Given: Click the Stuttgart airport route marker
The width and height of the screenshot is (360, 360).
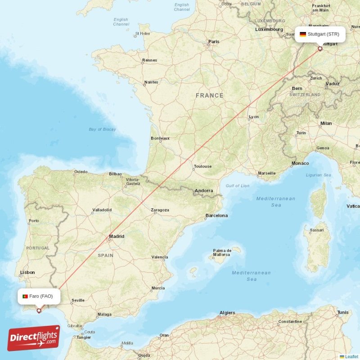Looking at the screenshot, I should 320,49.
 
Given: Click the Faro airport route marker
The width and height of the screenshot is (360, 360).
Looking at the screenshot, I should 39,310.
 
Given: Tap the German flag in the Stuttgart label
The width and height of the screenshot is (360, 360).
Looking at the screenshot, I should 303,34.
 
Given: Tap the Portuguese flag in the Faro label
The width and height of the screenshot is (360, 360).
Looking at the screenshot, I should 25,296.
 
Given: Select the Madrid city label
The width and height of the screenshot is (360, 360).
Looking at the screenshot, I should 117,237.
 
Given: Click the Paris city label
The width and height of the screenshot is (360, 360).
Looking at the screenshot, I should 214,42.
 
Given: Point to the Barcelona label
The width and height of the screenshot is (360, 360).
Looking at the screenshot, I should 216,216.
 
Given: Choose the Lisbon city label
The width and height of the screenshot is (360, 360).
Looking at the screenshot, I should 27,272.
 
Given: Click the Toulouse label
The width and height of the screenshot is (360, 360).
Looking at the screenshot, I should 202,166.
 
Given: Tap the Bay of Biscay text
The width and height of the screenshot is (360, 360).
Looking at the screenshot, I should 102,129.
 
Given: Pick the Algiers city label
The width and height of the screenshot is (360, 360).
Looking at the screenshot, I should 227,313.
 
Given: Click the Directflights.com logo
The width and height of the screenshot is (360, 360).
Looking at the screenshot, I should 34,338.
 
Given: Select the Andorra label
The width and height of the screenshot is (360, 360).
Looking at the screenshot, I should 204,191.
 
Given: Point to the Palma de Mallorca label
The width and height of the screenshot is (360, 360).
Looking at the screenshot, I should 222,253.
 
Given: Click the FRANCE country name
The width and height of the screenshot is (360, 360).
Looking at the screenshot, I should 209,95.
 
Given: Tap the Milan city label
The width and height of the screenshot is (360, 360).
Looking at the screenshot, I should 326,123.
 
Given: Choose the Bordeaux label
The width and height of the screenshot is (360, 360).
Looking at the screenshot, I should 160,138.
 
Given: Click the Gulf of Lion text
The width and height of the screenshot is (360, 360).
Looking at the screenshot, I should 238,185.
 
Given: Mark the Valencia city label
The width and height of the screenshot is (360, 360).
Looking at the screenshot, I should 160,257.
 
